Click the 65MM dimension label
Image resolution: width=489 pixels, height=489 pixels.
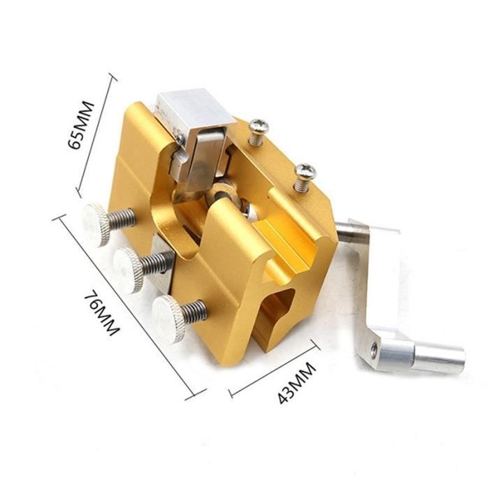point(81,125)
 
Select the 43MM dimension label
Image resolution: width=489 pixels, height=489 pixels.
point(297,383)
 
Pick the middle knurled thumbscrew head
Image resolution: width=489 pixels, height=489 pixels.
point(128,270)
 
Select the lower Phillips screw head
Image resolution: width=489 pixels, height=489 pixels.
point(305,170)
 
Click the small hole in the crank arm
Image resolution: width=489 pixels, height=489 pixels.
point(374,346)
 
